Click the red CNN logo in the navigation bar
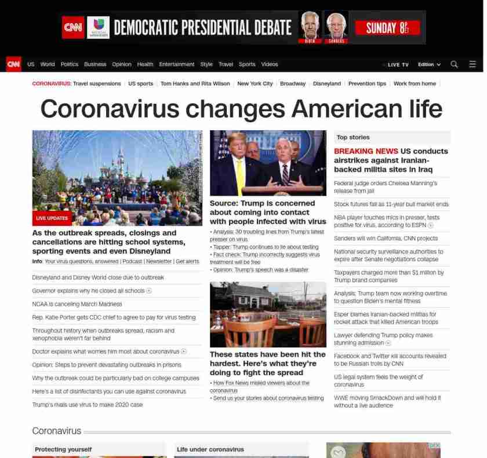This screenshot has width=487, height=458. click(x=13, y=64)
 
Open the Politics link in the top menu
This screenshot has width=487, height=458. click(x=69, y=64)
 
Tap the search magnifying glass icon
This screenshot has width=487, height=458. click(x=454, y=64)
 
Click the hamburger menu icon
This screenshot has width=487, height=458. click(x=473, y=64)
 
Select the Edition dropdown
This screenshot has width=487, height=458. click(x=429, y=64)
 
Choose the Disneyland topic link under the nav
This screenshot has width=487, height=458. click(x=326, y=83)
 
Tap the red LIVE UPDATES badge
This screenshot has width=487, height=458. click(x=52, y=218)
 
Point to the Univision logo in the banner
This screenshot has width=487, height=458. click(x=98, y=27)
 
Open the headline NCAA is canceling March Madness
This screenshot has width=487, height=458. click(x=77, y=304)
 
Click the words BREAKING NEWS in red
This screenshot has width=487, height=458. click(x=366, y=151)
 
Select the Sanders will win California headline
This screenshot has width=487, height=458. click(x=386, y=238)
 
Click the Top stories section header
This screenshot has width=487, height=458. click(x=352, y=137)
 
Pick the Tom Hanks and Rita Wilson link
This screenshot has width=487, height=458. click(x=195, y=83)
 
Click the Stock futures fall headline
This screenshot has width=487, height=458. click(x=391, y=204)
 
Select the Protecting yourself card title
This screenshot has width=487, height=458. click(x=63, y=449)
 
